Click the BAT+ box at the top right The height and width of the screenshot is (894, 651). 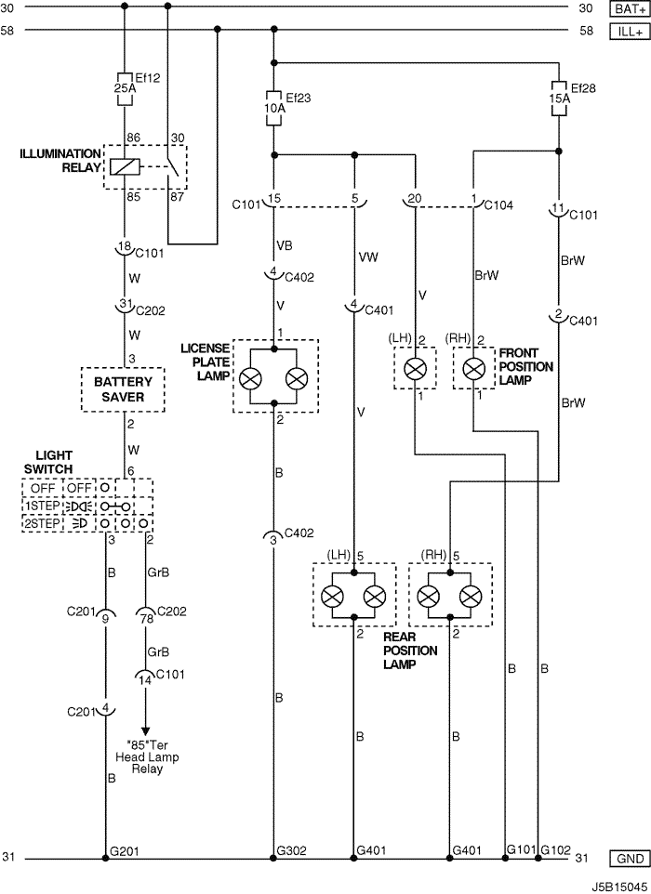tap(630, 8)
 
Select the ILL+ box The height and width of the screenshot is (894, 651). tap(630, 32)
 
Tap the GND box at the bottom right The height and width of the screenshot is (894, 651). tap(630, 859)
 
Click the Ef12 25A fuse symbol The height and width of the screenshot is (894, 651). tap(125, 89)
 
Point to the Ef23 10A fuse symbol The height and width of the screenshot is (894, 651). tap(273, 108)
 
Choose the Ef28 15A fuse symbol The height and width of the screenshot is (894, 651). tap(559, 99)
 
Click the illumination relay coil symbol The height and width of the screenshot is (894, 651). tap(125, 167)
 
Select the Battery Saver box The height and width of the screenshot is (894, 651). tap(123, 389)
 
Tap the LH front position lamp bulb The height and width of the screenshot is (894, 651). tap(415, 369)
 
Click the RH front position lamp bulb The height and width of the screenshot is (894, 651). tap(473, 369)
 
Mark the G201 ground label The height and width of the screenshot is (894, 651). tap(124, 851)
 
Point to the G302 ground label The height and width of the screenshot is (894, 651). tap(291, 850)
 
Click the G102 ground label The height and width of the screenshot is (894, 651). tap(556, 850)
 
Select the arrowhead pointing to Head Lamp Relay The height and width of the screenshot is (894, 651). tap(145, 731)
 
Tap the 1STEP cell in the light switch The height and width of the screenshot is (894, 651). tap(42, 506)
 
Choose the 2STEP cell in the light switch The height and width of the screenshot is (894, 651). tap(42, 523)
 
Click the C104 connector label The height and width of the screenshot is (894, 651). tap(498, 205)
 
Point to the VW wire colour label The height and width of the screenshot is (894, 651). tap(368, 257)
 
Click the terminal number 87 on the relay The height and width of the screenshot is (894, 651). tap(177, 197)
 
